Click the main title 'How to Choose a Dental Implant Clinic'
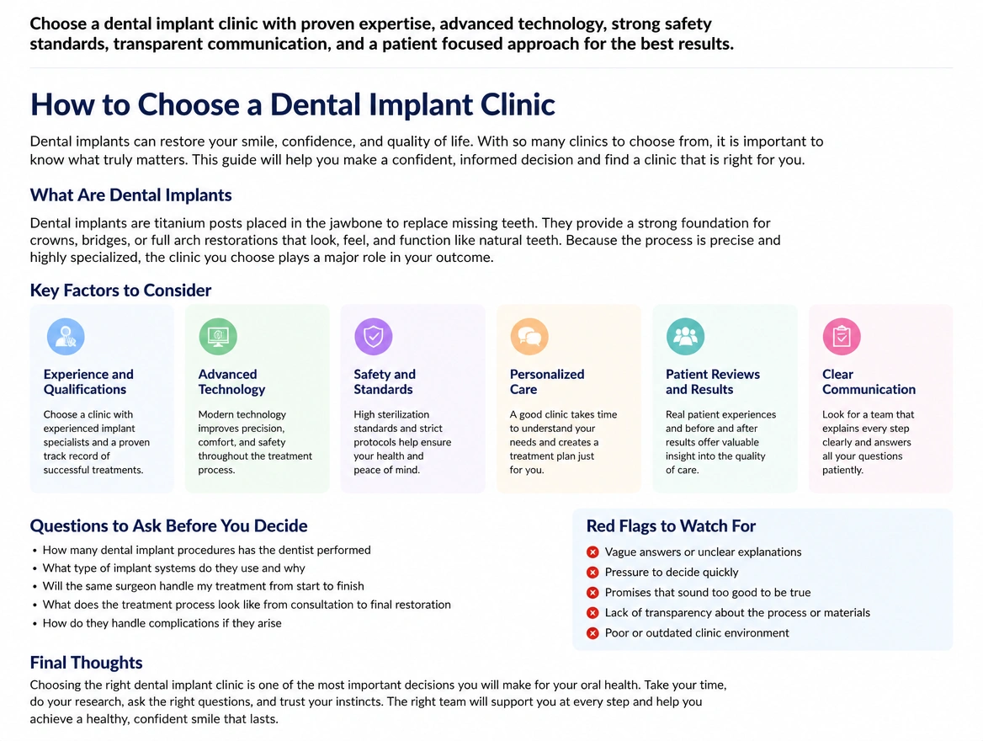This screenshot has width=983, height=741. tap(292, 104)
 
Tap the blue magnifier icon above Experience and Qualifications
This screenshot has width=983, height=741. tap(66, 336)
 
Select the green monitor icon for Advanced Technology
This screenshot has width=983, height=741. tap(218, 336)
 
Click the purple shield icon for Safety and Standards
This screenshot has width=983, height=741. tap(374, 336)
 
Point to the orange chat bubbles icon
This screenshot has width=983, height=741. tap(529, 336)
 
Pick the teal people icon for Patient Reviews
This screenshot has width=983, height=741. tap(685, 336)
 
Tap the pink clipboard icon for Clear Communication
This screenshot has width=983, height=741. tap(842, 336)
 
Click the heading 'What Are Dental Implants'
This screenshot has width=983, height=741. tap(131, 195)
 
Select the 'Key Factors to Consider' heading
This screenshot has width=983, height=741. tap(120, 290)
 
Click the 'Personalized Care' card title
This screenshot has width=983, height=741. tap(547, 381)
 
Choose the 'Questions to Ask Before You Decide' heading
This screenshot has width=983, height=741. tap(168, 525)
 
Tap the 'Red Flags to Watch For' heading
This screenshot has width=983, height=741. tap(671, 525)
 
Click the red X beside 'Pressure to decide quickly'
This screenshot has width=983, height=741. tap(592, 573)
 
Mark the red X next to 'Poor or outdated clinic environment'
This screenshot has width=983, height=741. tap(592, 633)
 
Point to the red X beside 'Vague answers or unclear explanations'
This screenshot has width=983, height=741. tap(592, 552)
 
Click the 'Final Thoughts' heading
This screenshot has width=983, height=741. tap(86, 663)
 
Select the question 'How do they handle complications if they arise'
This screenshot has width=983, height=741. tap(162, 623)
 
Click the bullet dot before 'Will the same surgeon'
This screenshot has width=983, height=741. tap(35, 587)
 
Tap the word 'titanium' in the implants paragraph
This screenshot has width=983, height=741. tap(180, 223)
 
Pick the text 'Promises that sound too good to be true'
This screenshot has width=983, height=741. tap(708, 592)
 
